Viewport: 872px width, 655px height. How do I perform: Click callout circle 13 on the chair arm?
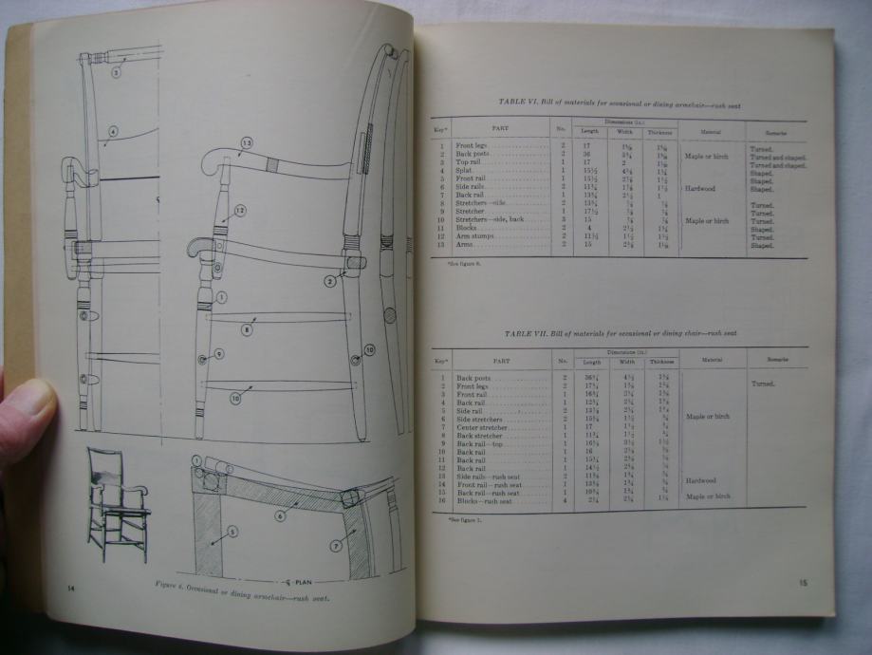[247, 144]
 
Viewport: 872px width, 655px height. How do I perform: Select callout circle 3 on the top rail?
[115, 70]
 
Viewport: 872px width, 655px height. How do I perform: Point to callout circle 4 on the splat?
[112, 132]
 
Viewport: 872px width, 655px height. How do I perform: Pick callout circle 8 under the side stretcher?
[247, 331]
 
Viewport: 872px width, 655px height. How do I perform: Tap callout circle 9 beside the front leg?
[219, 353]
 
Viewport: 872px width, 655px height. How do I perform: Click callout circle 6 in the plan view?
[280, 515]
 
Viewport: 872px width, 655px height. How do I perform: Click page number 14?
[71, 589]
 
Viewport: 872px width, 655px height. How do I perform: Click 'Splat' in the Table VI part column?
[470, 170]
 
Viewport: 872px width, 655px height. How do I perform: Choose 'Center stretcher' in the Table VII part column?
[484, 426]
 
